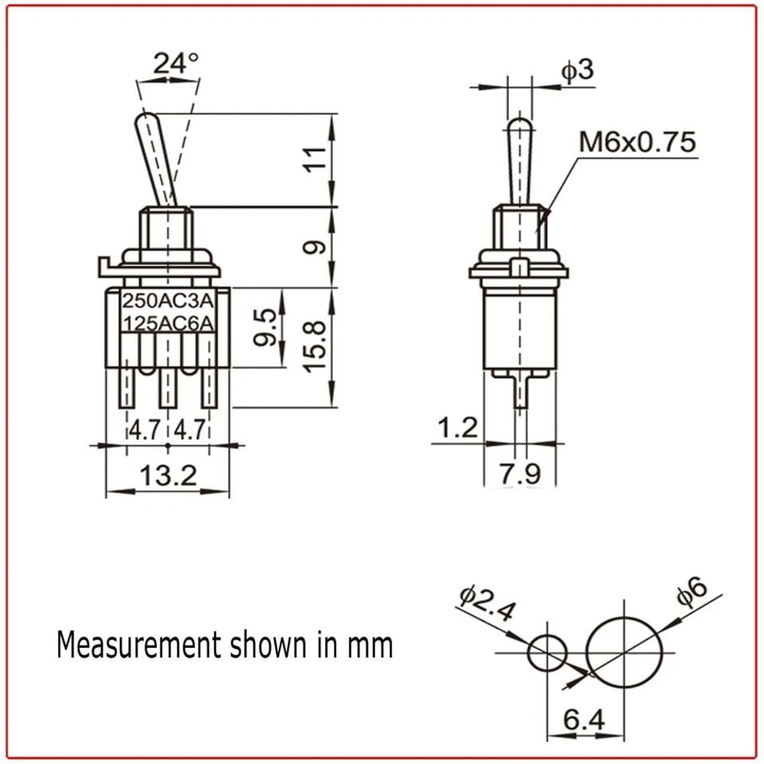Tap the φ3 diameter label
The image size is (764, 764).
point(577,70)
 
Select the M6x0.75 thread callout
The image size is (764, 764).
point(637,142)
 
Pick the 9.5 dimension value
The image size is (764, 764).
point(267,328)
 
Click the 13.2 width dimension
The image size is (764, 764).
point(168,476)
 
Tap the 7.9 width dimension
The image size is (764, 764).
point(520,474)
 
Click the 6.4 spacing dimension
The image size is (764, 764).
point(584,720)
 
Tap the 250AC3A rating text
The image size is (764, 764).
point(168,300)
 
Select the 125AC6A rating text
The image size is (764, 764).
point(168,323)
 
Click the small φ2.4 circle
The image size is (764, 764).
point(548,652)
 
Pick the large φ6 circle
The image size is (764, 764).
point(625,652)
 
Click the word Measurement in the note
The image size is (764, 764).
point(138,645)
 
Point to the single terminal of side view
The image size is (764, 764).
point(520,393)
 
